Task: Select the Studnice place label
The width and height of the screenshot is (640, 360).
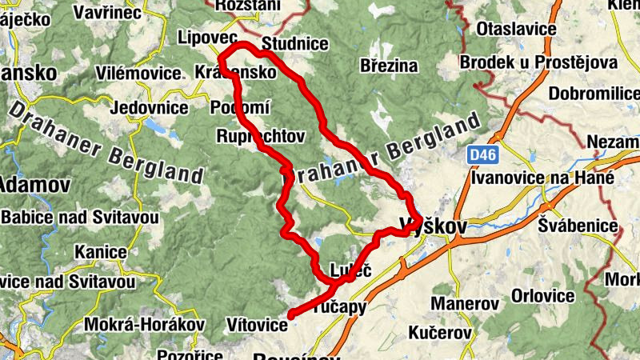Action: [294, 43]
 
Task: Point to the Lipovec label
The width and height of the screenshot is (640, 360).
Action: [208, 38]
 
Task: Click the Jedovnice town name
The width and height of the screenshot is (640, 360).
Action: [150, 108]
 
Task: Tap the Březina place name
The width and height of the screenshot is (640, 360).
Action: [390, 66]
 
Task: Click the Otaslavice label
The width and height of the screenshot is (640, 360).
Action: [515, 30]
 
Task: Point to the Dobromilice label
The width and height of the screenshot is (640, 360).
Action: [594, 94]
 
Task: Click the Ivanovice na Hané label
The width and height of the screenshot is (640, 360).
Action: [542, 178]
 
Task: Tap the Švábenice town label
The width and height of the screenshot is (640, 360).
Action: [578, 226]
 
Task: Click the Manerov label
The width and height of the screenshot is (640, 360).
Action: [465, 304]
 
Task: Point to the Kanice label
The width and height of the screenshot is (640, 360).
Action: [100, 253]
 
